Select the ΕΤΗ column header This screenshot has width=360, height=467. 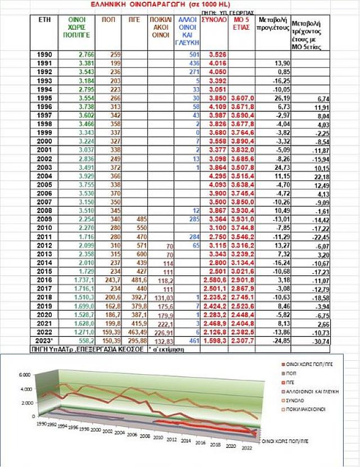pos(46,19)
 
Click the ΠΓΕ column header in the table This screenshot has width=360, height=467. pos(133,19)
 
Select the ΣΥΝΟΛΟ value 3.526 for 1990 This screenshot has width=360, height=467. pos(218,54)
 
